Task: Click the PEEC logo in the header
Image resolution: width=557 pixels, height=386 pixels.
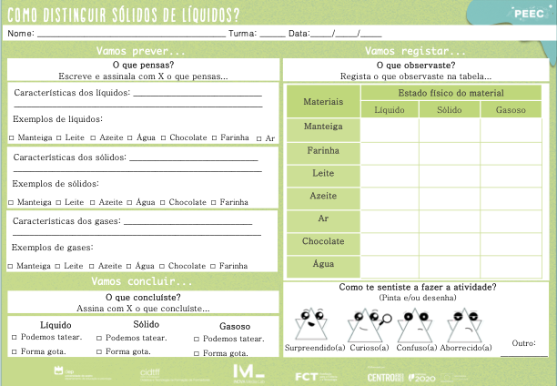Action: coord(529,14)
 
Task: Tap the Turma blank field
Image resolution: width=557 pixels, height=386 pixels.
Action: coord(272,36)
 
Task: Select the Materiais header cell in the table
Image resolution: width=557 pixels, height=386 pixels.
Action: coord(323,101)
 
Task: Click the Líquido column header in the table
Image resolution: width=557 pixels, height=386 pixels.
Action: coord(390,110)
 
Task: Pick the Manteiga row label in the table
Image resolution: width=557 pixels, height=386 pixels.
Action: coord(323,127)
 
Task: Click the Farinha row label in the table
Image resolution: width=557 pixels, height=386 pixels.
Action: coord(323,149)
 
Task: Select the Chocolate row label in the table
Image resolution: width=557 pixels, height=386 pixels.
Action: coord(323,241)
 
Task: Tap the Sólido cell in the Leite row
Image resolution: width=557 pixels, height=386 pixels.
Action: coord(450,173)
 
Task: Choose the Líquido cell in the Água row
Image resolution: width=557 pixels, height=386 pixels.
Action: coord(390,264)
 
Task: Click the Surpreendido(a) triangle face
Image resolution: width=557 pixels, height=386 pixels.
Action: coord(310,322)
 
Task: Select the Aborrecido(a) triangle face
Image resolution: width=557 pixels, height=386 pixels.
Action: coord(461,322)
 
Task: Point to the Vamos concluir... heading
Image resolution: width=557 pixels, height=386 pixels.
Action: coord(142,281)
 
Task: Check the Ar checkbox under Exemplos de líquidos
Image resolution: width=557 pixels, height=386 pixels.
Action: coord(259,138)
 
